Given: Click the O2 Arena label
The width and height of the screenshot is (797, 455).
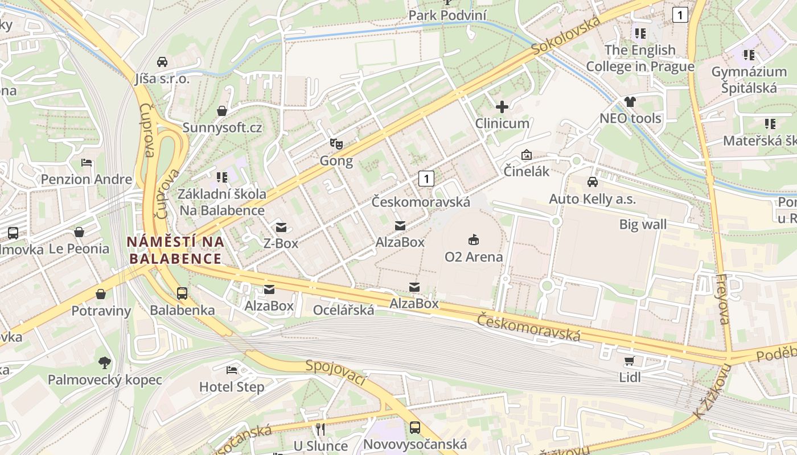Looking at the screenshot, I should pos(474,257).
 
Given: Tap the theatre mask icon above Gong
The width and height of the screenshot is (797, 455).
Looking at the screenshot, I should pos(336,144).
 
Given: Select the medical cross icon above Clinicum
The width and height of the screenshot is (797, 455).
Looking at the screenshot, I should pos(502,107).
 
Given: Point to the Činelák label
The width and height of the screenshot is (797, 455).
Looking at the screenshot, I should pos(527,171).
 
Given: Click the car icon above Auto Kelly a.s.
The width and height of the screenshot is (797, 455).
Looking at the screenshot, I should pos(593,182).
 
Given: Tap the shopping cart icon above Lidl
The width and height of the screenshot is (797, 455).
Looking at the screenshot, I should pos(630,361).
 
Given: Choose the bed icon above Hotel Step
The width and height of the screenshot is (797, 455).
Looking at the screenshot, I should pos(232,370).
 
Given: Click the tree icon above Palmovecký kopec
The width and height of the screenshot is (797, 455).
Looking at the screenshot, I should pos(104,362).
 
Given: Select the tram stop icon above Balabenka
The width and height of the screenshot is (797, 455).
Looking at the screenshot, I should pos(182,293).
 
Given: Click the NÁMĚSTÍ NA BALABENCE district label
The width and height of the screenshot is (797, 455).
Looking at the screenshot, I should pos(175,250).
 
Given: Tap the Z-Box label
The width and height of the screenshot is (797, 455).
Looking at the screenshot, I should pos(281,243).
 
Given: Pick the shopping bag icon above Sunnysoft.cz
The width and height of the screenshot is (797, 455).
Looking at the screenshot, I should pos(222,110).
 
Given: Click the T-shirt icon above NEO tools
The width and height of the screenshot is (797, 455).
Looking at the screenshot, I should pos(630,102).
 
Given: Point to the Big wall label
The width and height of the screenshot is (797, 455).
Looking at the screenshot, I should pos(643,225).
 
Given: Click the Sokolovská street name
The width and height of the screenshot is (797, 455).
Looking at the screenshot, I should pos(567,36).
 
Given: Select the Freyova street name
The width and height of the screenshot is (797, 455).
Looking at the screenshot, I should pos(722,299).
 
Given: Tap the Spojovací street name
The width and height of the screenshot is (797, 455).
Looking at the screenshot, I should pos(336,373).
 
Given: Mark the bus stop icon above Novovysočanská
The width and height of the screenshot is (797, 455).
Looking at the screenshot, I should pos(415,428).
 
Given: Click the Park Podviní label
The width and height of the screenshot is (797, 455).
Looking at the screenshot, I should pos(448,15).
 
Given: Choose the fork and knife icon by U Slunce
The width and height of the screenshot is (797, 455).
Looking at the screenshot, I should pos(321,429).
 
